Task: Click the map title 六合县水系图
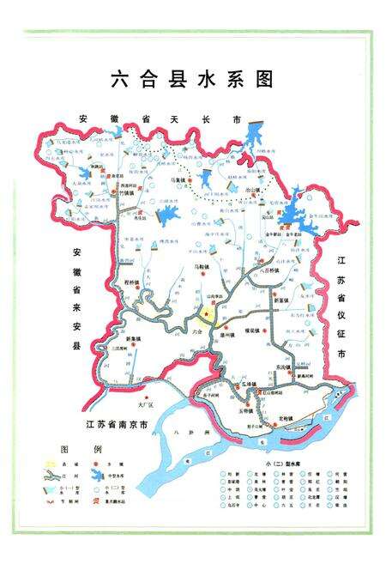coord(192,79)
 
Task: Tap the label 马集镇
coord(178,181)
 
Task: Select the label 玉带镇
coord(248,408)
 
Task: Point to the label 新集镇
coord(133,339)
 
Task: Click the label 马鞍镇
coord(197,268)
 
